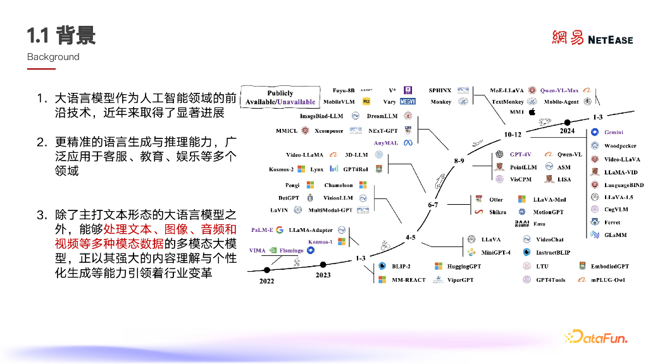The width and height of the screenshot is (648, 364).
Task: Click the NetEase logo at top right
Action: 592,39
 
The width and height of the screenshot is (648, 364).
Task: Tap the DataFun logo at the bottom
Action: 595,337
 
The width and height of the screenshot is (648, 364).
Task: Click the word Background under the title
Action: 53,57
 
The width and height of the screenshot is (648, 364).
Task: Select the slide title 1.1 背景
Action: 61,35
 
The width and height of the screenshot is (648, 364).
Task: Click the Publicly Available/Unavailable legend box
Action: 280,97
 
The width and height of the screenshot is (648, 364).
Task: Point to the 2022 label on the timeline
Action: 266,281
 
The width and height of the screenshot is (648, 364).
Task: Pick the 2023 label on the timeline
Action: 323,275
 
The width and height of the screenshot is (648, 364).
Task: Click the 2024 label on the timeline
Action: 567,131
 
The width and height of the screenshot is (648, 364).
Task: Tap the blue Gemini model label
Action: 614,132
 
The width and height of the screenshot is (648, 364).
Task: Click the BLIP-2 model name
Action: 401,267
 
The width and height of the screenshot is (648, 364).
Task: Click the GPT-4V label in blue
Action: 521,154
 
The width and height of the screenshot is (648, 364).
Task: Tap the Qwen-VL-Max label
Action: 559,90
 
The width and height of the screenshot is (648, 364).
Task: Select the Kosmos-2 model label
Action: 281,169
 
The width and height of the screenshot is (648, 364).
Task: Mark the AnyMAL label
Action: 386,143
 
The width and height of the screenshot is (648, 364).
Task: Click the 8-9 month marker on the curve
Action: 459,161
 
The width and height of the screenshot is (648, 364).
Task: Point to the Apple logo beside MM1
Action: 532,112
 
